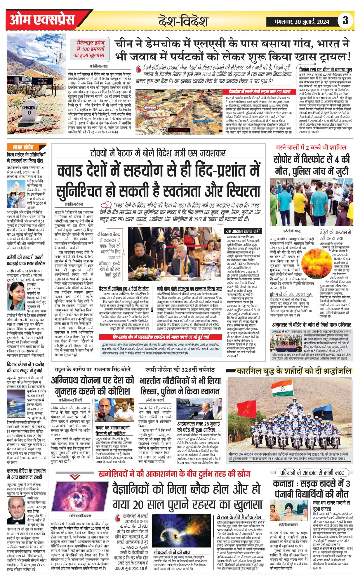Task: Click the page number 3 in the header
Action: [345, 20]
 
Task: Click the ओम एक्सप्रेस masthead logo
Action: [42, 20]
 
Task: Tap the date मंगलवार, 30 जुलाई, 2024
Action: [302, 21]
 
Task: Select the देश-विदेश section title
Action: [183, 21]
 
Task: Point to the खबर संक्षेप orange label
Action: [23, 147]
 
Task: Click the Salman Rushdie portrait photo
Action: [16, 510]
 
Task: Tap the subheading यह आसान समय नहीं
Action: [243, 231]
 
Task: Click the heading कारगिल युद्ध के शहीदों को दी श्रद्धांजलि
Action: [293, 371]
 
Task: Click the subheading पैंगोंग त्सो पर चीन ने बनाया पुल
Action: [326, 69]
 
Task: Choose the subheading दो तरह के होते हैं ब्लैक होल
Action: [239, 517]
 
